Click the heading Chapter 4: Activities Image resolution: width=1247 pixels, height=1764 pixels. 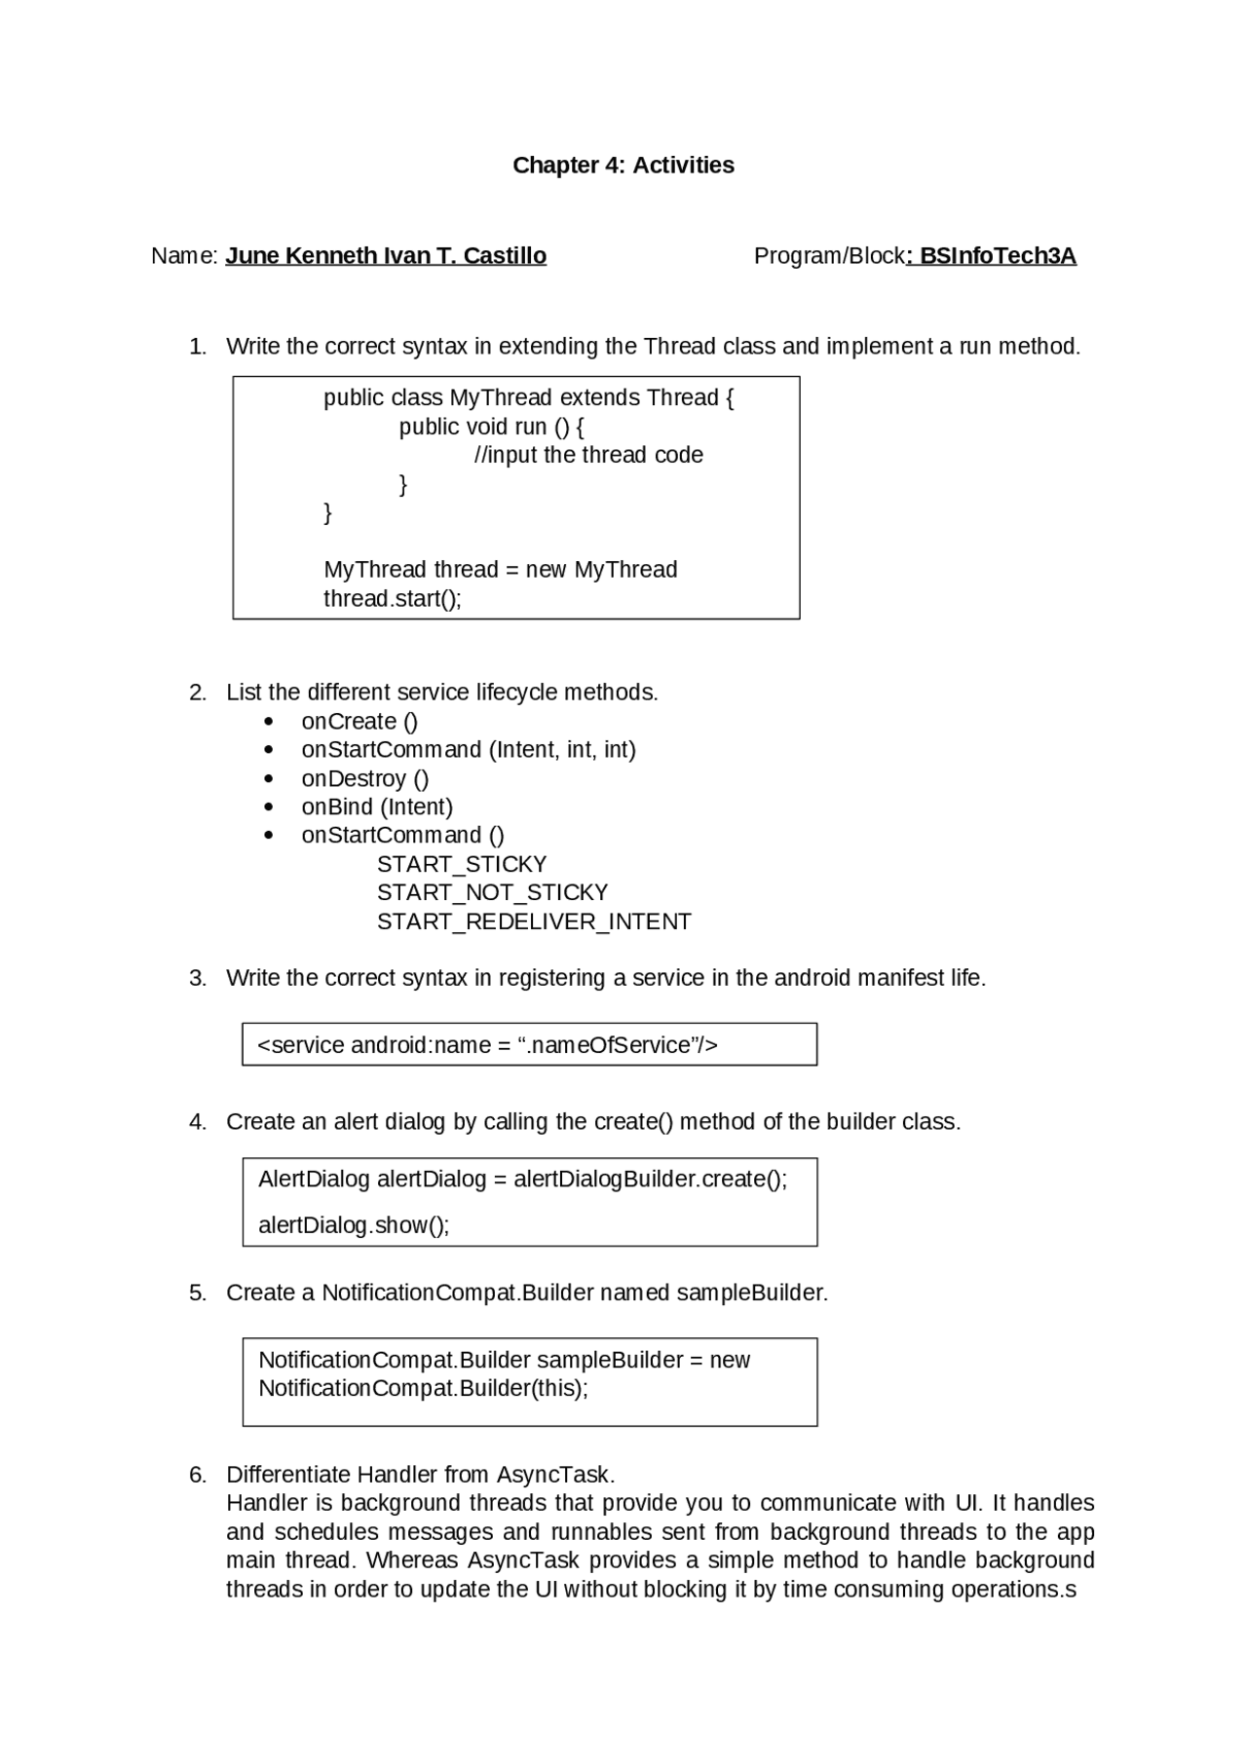[623, 166]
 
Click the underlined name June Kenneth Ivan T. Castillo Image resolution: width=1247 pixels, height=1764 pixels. [386, 256]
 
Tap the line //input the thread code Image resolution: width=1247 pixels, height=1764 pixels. [588, 455]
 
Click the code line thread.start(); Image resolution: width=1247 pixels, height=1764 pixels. [393, 598]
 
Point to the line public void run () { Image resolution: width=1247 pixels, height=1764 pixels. [491, 427]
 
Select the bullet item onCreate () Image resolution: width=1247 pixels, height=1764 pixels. [359, 722]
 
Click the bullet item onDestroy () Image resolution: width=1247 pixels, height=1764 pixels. [365, 779]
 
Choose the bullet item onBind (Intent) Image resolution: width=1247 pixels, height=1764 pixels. [377, 807]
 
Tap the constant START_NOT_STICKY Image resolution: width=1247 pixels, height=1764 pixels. [492, 892]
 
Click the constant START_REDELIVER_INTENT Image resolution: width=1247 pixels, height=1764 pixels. [534, 921]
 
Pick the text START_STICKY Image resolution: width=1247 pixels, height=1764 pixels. [462, 864]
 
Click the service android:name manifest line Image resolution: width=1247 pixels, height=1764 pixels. [487, 1045]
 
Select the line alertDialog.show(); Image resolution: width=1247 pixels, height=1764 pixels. [354, 1225]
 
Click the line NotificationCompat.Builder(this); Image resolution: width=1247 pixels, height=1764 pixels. [423, 1388]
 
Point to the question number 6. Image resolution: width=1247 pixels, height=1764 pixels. [198, 1475]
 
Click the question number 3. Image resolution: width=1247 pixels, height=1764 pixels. [198, 978]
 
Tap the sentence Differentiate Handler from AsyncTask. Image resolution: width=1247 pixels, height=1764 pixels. [420, 1475]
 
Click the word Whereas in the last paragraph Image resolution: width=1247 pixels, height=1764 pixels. [412, 1560]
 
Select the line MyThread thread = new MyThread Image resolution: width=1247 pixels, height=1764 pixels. [500, 570]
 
